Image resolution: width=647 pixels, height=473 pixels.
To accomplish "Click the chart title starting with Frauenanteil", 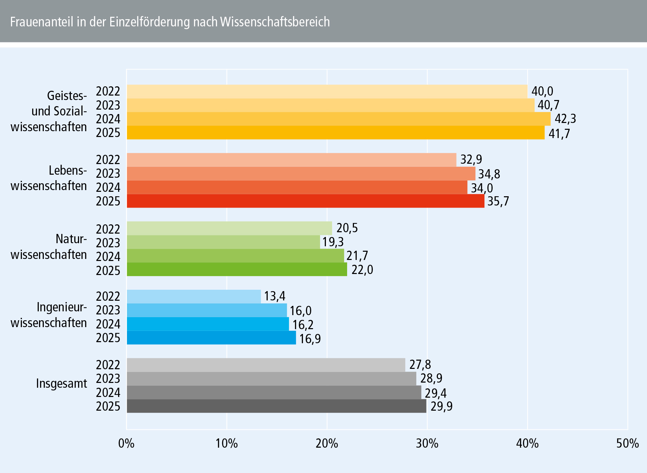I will [170, 22].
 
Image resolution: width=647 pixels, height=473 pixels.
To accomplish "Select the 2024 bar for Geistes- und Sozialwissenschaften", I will [338, 119].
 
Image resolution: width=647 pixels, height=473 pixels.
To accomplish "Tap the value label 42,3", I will [565, 119].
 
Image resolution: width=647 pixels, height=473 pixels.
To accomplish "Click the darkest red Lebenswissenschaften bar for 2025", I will [305, 201].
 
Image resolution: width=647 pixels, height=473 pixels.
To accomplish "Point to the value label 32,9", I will [471, 160].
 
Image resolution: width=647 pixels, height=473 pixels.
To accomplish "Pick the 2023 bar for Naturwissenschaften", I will [223, 242].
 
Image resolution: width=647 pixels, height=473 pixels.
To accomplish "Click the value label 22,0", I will [362, 270].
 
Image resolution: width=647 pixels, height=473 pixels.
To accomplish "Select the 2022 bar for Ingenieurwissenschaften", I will [194, 297].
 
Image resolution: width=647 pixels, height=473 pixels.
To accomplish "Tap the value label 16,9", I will [310, 339].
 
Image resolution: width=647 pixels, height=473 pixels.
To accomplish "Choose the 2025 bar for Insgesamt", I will [276, 406].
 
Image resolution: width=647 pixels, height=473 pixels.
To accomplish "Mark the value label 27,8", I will [420, 365].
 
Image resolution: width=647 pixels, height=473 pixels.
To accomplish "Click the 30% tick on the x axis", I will [427, 444].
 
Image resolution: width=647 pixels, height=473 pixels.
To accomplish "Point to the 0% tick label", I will [126, 444].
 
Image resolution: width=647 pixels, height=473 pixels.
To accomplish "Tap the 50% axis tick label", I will [627, 444].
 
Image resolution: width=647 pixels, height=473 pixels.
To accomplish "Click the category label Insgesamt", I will [62, 384].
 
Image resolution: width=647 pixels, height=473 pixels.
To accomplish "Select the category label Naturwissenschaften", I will [49, 247].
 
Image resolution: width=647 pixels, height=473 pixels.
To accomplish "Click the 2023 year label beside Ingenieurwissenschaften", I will [108, 310].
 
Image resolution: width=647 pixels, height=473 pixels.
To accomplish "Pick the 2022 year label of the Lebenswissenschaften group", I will [108, 160].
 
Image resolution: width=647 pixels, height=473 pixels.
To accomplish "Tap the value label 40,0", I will [542, 91].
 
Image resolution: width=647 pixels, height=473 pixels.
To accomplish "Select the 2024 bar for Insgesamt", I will [274, 393].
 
